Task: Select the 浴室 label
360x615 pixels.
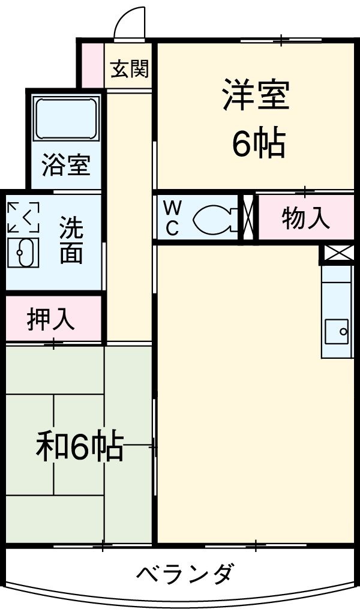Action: [66, 164]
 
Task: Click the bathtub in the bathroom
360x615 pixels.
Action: [66, 118]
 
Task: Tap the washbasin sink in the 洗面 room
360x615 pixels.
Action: [23, 253]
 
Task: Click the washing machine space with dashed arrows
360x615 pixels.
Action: [23, 217]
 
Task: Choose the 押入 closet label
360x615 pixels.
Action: [51, 320]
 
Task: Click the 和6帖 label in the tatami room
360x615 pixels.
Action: [80, 447]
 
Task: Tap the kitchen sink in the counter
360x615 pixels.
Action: [337, 330]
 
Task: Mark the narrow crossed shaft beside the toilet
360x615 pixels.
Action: [249, 218]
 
